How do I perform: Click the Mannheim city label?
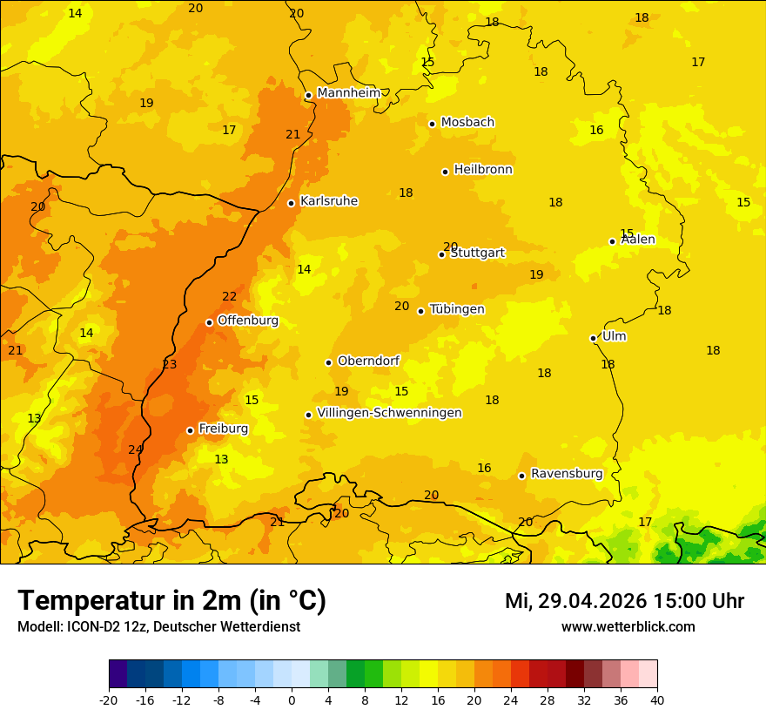347,93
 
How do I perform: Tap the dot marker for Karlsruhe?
292,203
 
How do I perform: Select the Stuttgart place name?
477,253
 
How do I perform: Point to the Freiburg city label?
223,429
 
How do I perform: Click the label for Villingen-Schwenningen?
389,413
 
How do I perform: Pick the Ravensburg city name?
567,474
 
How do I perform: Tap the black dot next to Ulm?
594,338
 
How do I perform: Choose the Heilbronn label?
483,170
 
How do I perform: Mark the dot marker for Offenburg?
209,322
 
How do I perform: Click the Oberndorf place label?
368,361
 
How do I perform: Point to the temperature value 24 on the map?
135,449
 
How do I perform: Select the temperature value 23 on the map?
170,365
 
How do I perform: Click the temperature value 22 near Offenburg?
229,297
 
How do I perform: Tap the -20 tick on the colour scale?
109,699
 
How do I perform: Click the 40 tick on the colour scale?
657,699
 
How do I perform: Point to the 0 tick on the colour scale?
292,699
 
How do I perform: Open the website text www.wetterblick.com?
628,627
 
